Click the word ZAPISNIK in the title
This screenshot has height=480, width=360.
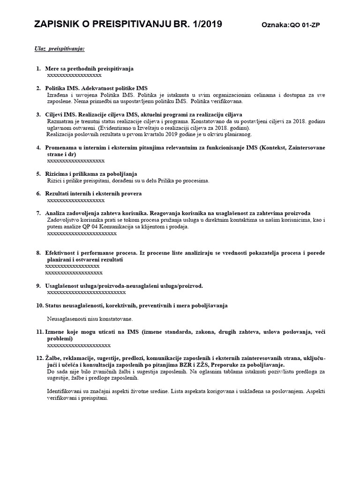tap(56, 24)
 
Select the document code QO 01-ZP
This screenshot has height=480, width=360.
tap(306, 26)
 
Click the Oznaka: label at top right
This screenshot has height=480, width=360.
tap(276, 26)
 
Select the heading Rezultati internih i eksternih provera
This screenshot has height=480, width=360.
tap(93, 194)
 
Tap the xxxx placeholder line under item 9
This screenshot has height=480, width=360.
tap(86, 292)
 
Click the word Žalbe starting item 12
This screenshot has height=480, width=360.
tap(54, 358)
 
